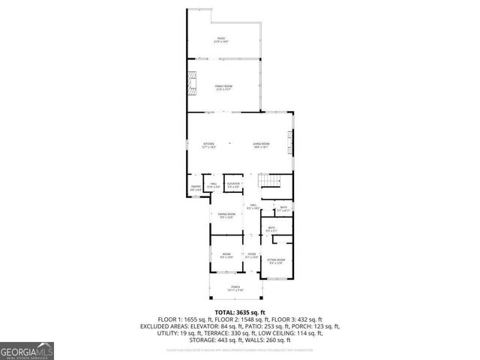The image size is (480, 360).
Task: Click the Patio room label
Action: coord(222,39)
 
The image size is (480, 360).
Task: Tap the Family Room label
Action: coord(223,88)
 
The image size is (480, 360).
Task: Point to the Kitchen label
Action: coord(208,145)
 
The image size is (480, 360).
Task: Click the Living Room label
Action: coord(260,145)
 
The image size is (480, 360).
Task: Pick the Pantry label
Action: coord(196,188)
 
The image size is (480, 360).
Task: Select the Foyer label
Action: coord(252,256)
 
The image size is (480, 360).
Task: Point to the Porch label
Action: coord(235,288)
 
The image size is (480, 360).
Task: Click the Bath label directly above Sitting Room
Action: coord(271,229)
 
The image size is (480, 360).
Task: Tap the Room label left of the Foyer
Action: coord(226,256)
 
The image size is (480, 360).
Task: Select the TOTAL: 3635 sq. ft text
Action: coord(239,311)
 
